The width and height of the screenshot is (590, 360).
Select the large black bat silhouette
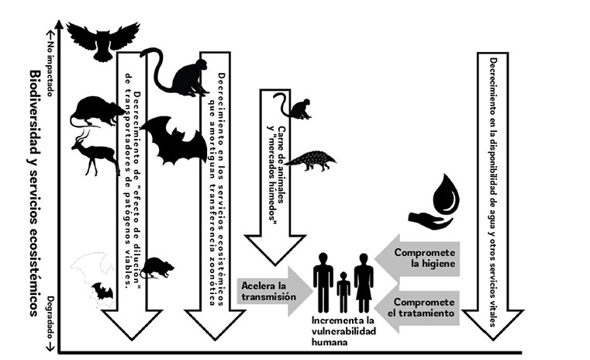point(173,140)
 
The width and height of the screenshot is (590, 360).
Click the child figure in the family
point(343,293)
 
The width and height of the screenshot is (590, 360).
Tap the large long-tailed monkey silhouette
point(178,74)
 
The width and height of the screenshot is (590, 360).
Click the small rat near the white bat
point(157,268)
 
